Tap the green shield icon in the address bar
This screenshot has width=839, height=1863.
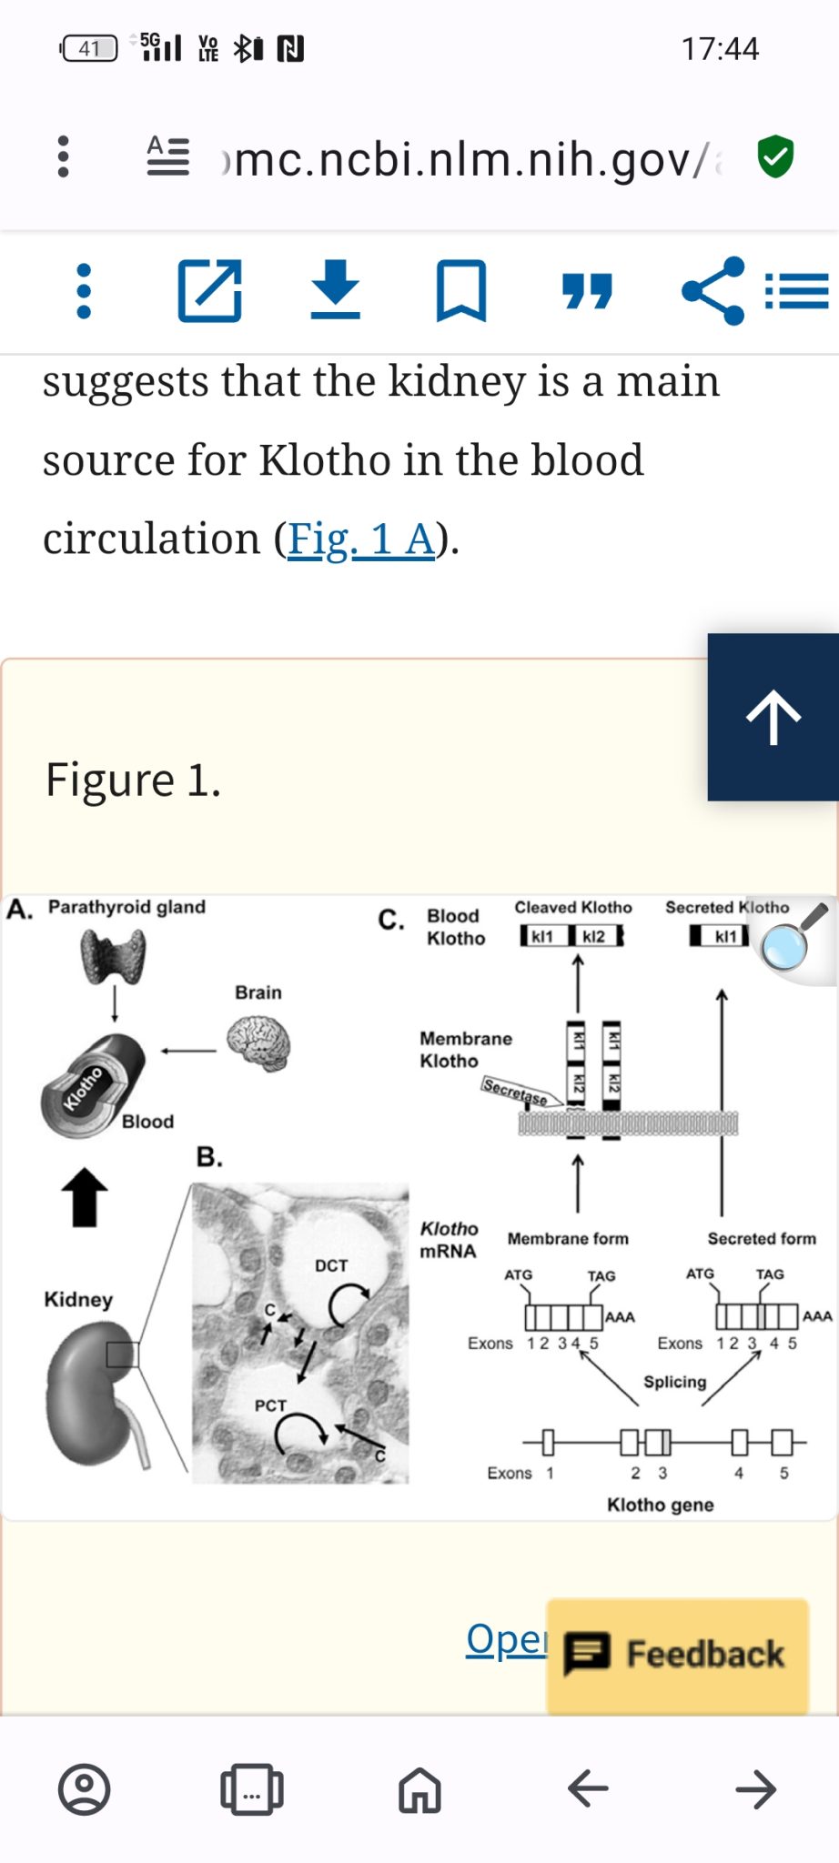(775, 156)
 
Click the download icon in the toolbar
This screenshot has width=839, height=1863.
(336, 289)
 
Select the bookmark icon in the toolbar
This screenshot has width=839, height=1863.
(461, 291)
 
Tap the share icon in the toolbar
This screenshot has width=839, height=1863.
(713, 291)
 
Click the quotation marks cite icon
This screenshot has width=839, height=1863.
(587, 291)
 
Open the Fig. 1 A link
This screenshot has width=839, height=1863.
(361, 539)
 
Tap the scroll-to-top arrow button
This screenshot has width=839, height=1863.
(773, 717)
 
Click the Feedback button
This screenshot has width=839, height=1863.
(678, 1654)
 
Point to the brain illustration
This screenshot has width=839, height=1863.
(259, 1043)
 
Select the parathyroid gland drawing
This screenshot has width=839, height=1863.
(113, 956)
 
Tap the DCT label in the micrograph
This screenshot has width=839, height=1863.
(331, 1265)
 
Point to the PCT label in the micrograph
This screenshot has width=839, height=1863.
(270, 1405)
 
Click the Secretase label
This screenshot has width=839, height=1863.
(515, 1091)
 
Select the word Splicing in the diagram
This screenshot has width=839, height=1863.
(674, 1382)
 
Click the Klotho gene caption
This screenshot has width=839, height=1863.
(660, 1505)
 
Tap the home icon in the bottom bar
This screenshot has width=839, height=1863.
(419, 1789)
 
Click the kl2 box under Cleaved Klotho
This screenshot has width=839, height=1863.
(594, 936)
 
